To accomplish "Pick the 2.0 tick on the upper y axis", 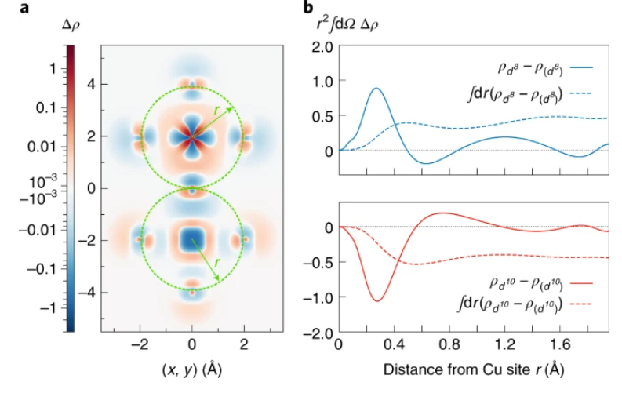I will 322,46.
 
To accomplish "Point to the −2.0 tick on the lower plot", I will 319,335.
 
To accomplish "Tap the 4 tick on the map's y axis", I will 91,85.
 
